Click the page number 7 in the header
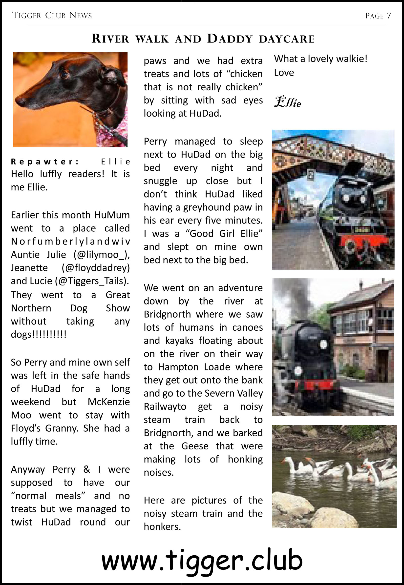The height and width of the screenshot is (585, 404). [x=389, y=16]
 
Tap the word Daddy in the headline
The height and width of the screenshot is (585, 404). [x=230, y=39]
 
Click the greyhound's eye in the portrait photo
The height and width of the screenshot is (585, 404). [x=65, y=74]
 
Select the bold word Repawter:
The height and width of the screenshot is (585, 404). [x=44, y=161]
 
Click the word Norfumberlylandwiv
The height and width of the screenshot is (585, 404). [x=70, y=241]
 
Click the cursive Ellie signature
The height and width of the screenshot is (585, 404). [x=288, y=102]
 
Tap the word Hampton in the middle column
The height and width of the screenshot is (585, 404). [x=178, y=367]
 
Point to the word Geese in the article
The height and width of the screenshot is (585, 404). [x=195, y=446]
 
